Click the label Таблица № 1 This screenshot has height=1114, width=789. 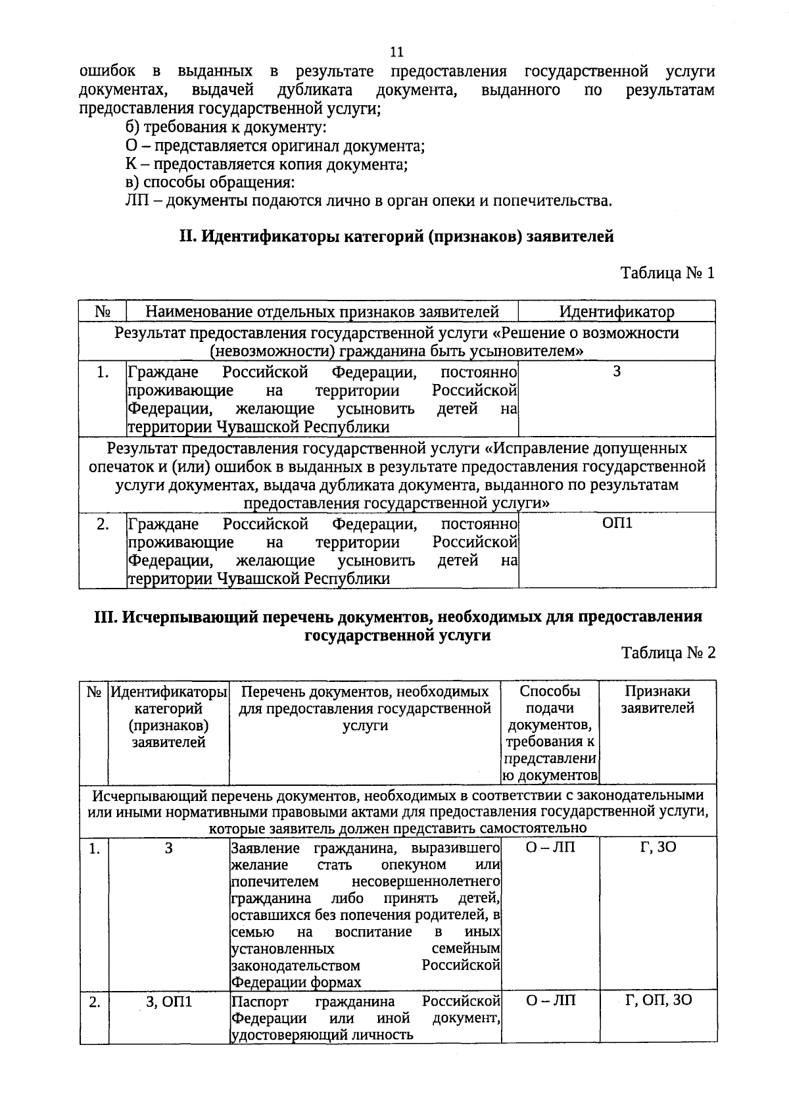pos(667,273)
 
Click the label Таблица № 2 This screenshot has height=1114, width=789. pos(667,653)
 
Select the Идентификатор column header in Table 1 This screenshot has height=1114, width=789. pos(616,312)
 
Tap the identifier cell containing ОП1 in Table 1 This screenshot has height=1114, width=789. pos(617,525)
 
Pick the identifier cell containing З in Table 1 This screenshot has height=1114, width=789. pos(617,373)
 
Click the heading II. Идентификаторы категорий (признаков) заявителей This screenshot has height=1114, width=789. pos(396,236)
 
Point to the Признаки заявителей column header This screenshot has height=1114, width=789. pos(657,700)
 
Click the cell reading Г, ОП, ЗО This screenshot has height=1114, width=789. pos(658,1000)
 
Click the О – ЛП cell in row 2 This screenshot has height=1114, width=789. pos(550,1001)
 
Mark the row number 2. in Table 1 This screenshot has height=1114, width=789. pos(103,525)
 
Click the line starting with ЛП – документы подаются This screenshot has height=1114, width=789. pos(368,201)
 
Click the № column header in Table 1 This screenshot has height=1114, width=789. pos(102,312)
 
